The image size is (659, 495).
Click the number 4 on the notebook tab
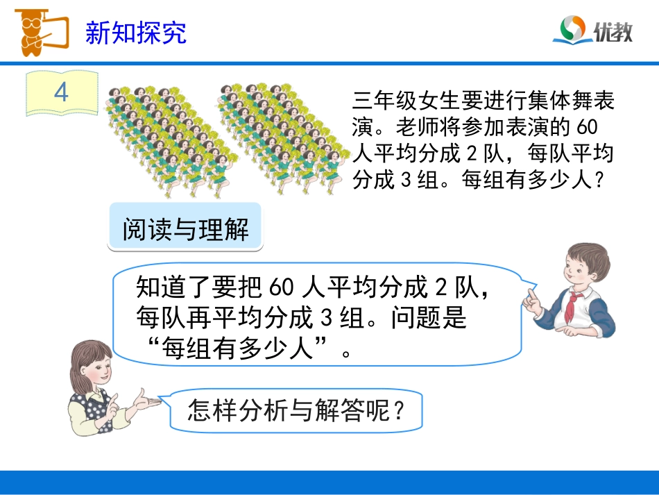click(61, 92)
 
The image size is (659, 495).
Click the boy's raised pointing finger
click(529, 296)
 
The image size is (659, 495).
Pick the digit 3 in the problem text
click(408, 180)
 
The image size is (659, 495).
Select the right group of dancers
click(281, 135)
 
